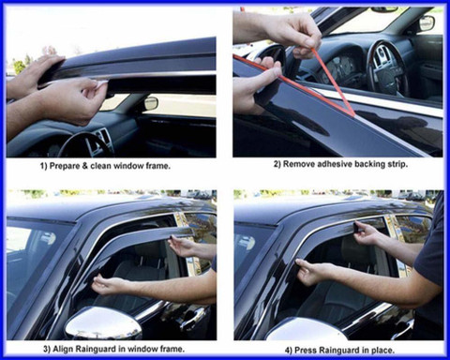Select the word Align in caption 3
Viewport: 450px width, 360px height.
(x=62, y=348)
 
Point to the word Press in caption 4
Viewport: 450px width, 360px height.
(x=305, y=350)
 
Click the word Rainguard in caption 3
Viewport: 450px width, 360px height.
(x=94, y=348)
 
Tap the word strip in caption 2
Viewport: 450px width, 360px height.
(x=397, y=164)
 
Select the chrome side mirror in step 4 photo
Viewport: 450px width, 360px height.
(x=307, y=329)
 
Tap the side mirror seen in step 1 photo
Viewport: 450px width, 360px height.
(x=152, y=103)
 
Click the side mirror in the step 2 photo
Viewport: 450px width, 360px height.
(x=427, y=22)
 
